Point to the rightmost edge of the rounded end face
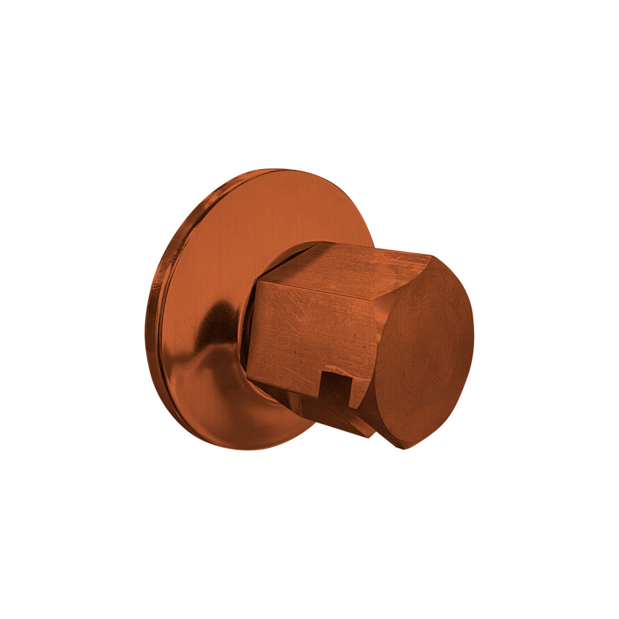tap(473, 330)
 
